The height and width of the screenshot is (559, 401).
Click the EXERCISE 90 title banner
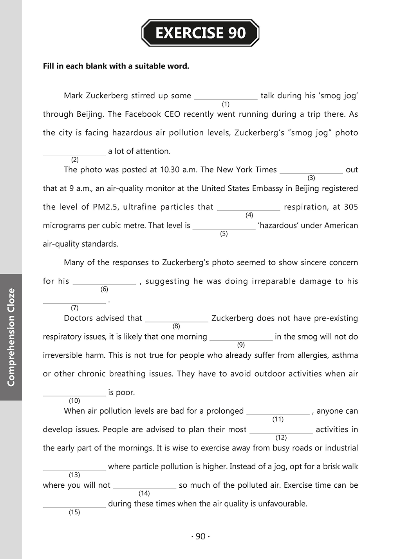200,33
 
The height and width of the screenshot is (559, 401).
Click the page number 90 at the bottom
200,536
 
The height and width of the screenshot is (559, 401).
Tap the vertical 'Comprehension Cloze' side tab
11,337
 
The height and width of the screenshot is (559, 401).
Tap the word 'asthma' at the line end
345,355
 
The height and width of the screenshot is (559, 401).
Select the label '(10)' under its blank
74,400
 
